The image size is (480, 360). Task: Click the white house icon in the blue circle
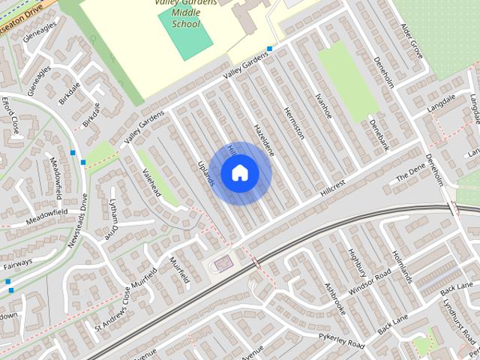pos(239,173)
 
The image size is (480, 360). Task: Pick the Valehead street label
pos(151,182)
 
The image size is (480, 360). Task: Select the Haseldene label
pos(264,139)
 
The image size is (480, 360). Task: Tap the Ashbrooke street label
pos(334,298)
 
